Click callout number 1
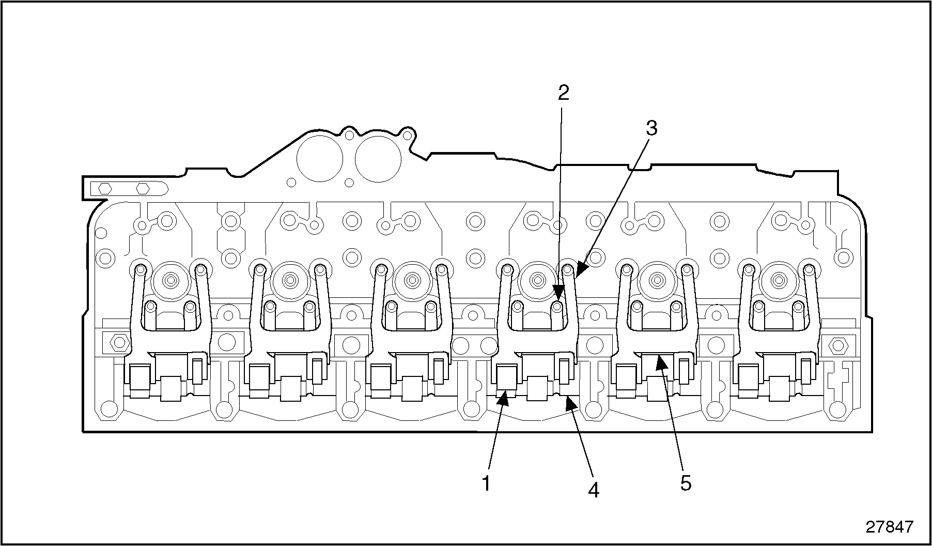[486, 484]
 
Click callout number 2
[563, 93]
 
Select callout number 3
[651, 128]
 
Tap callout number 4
[594, 490]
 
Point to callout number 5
[685, 483]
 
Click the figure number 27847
[889, 527]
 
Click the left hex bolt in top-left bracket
[105, 188]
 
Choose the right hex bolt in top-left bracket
[144, 188]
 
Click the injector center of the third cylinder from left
[412, 281]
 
